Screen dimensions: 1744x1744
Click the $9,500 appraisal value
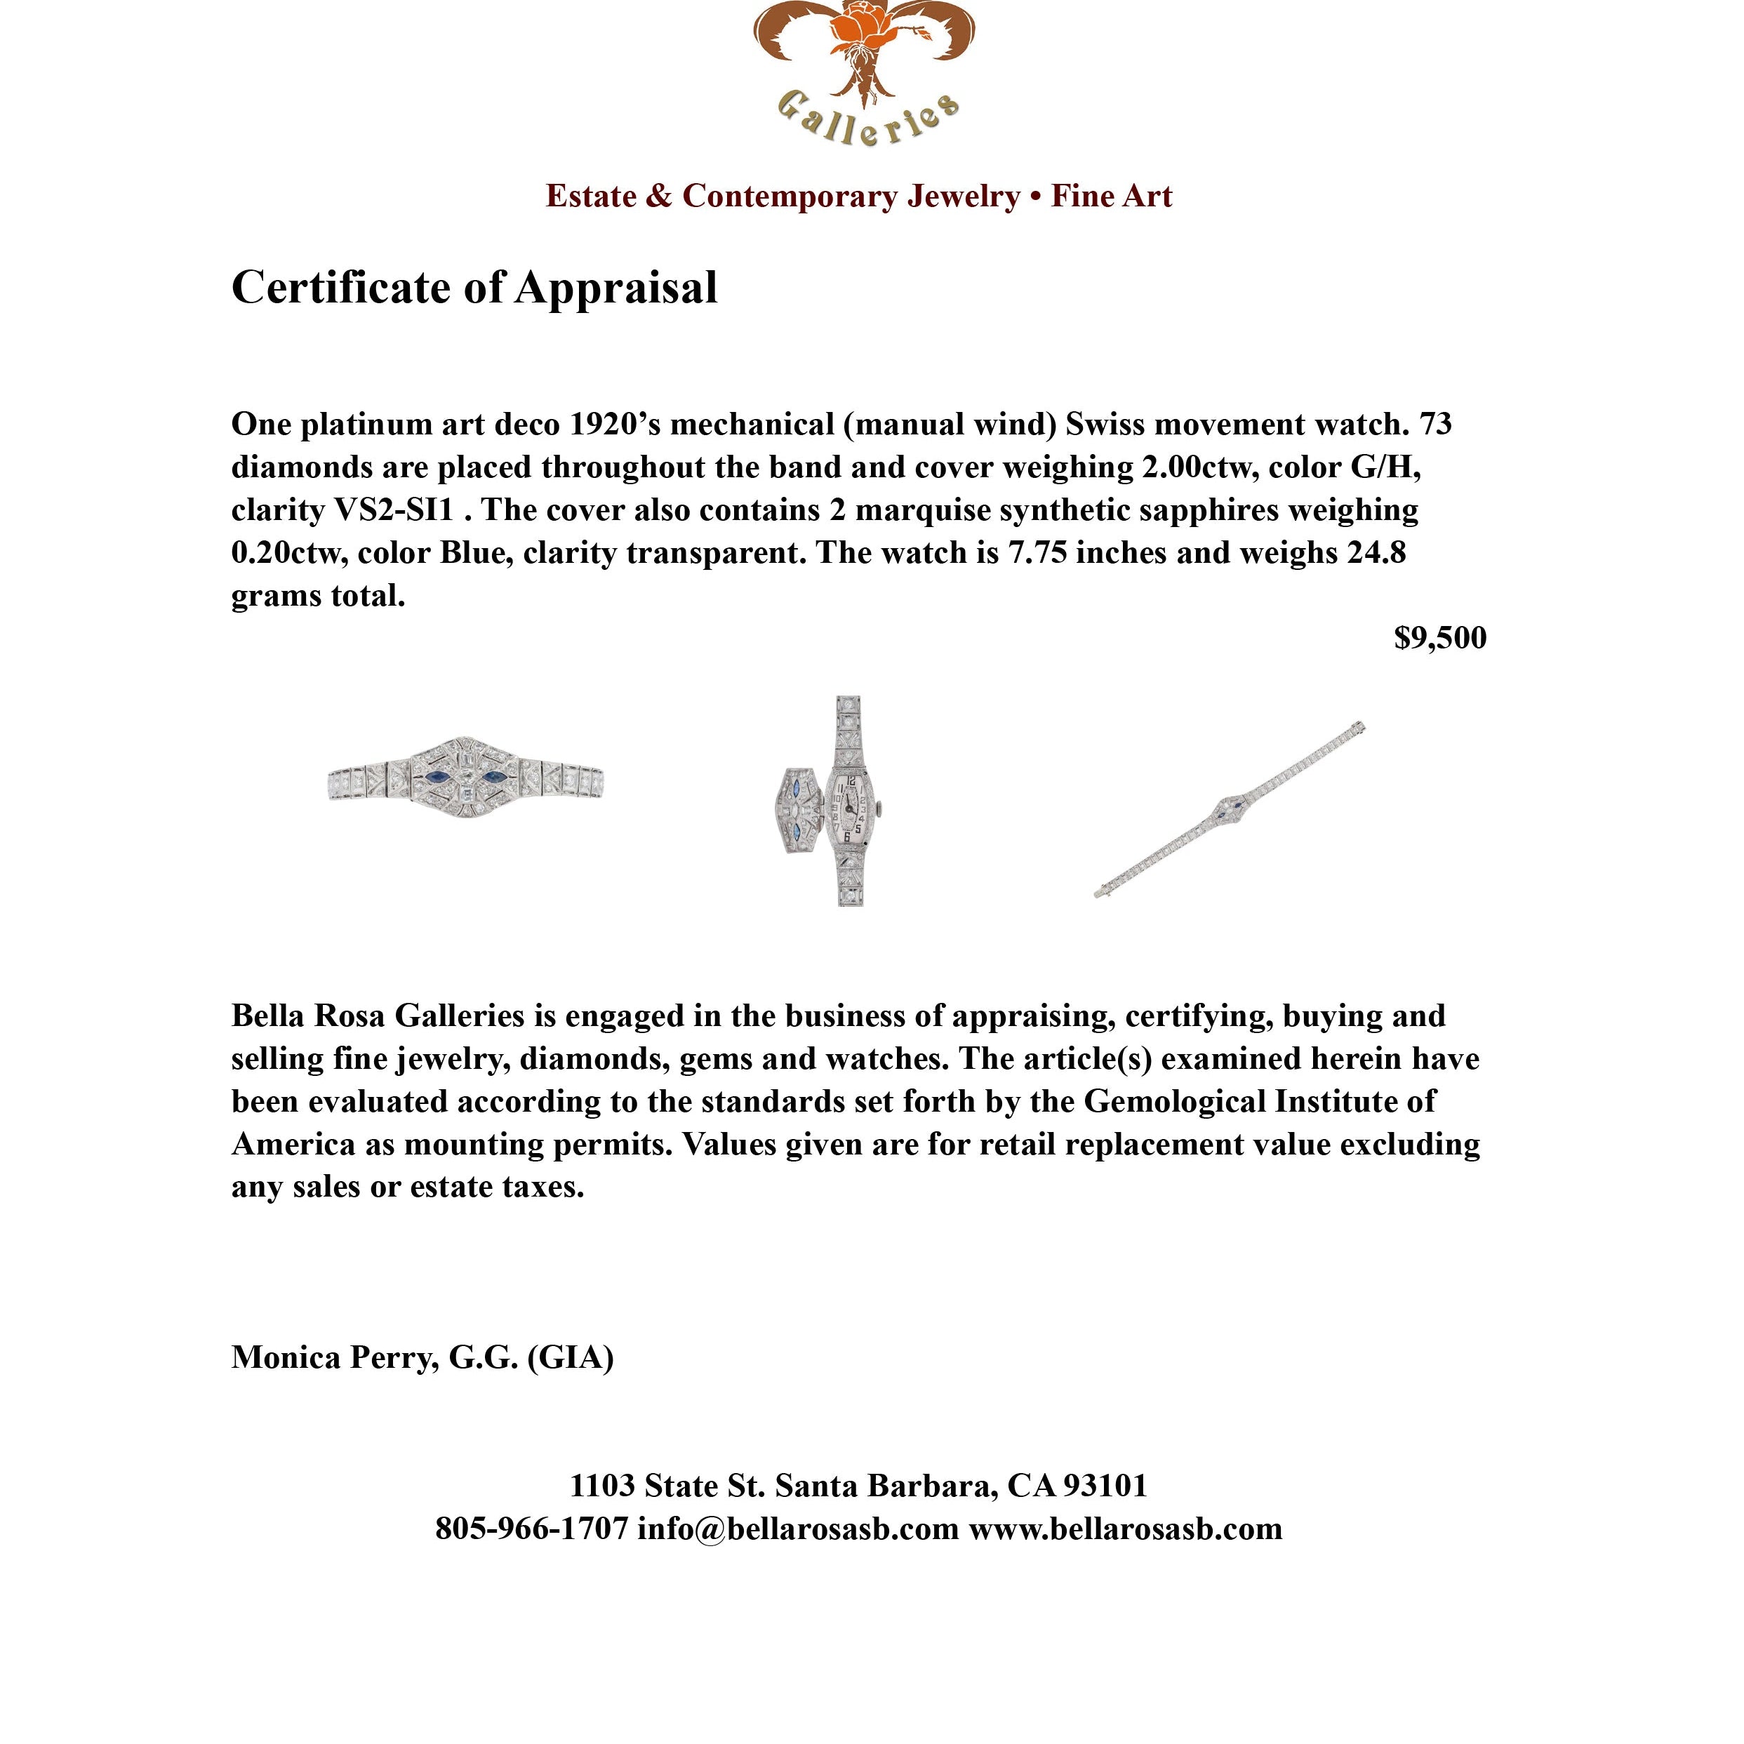pyautogui.click(x=1440, y=638)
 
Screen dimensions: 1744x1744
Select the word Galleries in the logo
pyautogui.click(x=867, y=117)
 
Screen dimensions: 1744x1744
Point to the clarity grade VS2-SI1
pyautogui.click(x=394, y=510)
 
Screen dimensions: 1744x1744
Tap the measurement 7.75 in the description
pyautogui.click(x=1037, y=552)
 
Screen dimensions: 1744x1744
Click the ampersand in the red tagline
pyautogui.click(x=659, y=196)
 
